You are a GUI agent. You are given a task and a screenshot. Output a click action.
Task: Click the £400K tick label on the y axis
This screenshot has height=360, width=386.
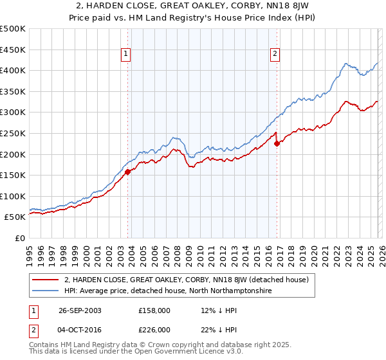[x=13, y=70]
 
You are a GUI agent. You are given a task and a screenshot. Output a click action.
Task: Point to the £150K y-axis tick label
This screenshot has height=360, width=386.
[x=13, y=175]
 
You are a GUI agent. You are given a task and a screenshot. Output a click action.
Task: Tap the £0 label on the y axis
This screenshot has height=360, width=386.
[x=19, y=238]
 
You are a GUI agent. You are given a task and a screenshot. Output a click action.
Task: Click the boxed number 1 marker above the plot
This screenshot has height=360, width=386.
[x=125, y=55]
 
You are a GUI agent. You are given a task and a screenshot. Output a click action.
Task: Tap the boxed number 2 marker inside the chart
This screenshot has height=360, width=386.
[x=275, y=55]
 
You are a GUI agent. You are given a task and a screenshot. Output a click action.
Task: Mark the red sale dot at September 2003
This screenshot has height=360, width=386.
[x=128, y=172]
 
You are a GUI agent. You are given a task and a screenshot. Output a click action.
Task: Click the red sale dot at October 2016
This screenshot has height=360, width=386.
[x=277, y=143]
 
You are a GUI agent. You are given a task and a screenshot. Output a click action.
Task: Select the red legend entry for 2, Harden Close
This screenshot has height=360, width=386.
[x=187, y=280]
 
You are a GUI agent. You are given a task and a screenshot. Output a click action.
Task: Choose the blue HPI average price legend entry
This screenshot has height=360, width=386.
[x=168, y=291]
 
